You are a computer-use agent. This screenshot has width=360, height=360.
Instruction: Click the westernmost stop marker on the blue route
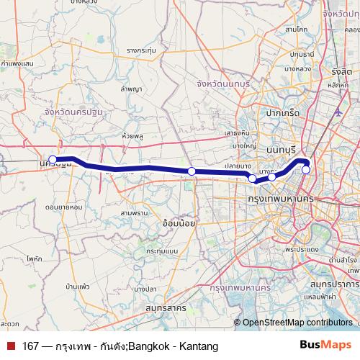pos(53,160)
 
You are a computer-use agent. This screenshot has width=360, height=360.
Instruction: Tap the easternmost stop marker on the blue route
pos(306,170)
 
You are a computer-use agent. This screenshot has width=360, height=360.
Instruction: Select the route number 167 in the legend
pos(30,345)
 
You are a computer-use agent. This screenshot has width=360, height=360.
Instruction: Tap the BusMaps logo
pos(325,345)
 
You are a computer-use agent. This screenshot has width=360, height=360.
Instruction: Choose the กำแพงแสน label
pos(19,63)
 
